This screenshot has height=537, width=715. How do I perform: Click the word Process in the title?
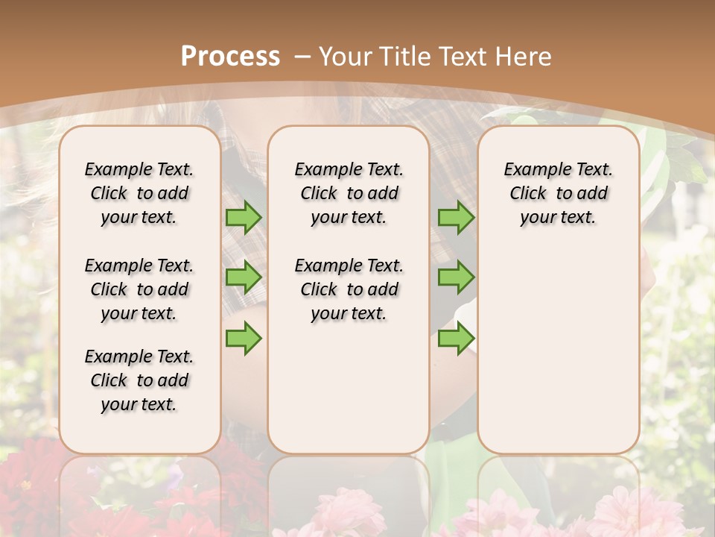[x=230, y=56]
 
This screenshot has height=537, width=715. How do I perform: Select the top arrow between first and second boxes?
[x=244, y=217]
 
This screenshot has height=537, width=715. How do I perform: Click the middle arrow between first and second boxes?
[x=244, y=277]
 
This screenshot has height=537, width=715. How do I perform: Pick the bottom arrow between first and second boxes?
[x=244, y=338]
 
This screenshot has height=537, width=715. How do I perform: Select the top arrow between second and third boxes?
[x=456, y=217]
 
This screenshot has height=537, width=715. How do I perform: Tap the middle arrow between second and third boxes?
[x=456, y=277]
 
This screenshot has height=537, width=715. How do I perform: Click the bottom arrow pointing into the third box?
[x=456, y=338]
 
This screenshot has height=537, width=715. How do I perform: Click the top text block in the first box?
[x=139, y=193]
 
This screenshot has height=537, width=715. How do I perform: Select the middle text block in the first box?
[x=139, y=289]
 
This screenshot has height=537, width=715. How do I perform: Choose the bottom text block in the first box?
[x=139, y=380]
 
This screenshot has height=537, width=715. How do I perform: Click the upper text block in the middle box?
[x=349, y=193]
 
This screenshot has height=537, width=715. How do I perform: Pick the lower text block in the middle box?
[x=349, y=289]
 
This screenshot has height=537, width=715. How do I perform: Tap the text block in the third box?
[x=559, y=193]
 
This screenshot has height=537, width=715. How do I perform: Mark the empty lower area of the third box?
[x=559, y=351]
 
